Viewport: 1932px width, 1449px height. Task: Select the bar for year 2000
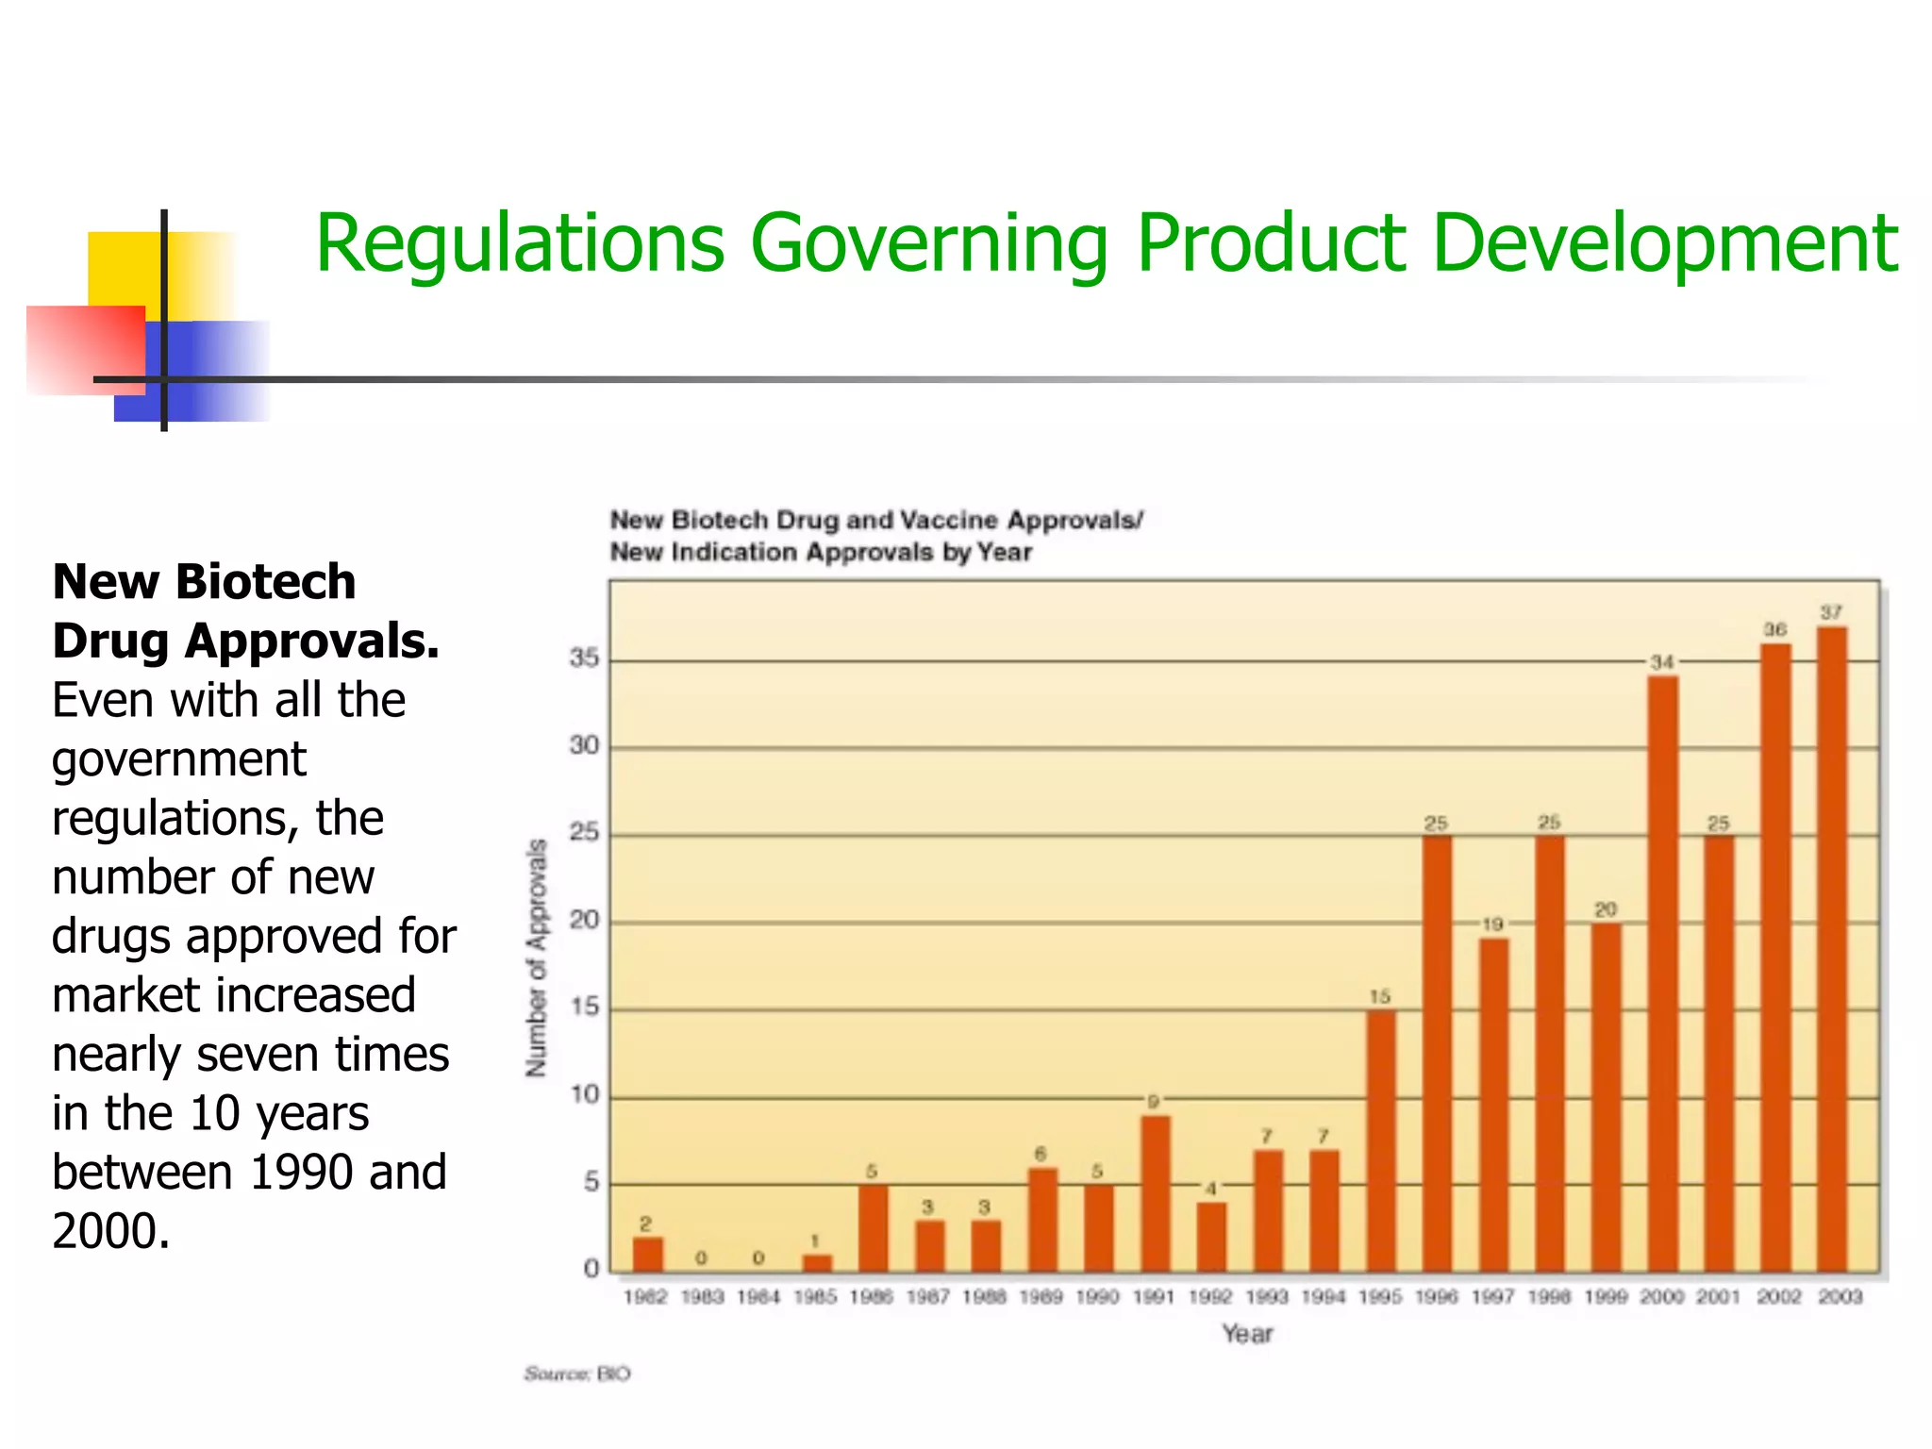1662,972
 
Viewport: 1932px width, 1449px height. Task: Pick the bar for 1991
1155,1192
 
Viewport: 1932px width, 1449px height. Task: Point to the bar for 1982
647,1254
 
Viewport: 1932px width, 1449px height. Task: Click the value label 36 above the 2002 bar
1775,629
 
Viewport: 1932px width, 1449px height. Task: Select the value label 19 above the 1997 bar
1492,924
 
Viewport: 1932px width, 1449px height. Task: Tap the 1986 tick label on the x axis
871,1297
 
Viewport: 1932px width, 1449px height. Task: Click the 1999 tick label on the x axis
1606,1297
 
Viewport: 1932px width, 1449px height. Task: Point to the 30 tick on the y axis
584,745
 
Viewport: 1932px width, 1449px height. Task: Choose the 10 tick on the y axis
584,1094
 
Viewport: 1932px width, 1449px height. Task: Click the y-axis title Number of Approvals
536,958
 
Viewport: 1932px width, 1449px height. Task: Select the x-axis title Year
1247,1334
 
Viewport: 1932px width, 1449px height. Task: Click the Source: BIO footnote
577,1374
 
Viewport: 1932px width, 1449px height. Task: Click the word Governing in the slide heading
929,245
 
